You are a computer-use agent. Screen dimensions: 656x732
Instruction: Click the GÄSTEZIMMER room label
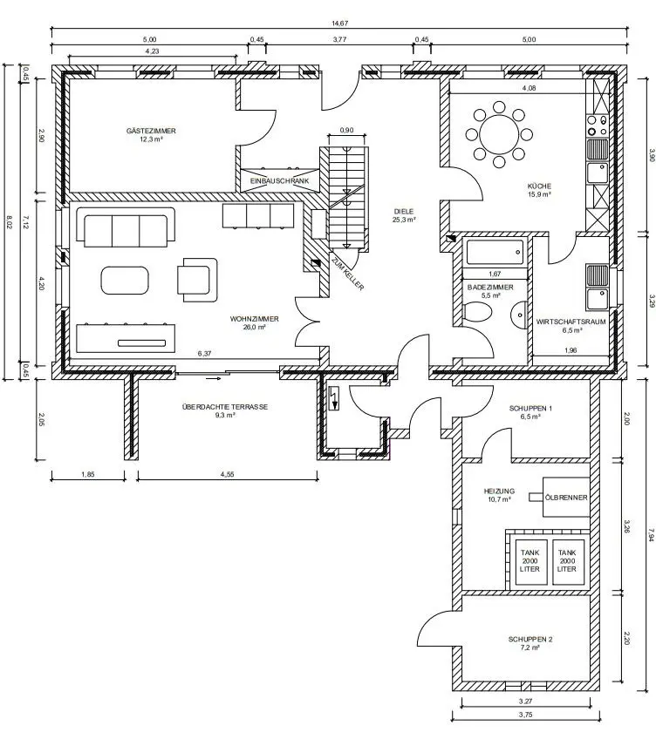pos(151,131)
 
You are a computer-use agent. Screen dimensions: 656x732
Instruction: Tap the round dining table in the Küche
pos(499,135)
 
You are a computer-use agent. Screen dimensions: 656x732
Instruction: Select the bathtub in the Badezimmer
pos(495,252)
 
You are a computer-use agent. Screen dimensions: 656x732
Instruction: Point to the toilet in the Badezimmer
pos(478,311)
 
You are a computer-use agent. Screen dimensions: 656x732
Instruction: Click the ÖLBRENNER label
pos(566,498)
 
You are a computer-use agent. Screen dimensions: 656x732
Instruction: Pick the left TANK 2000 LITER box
pos(530,561)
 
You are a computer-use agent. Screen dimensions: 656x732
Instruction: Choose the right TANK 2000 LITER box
pos(567,561)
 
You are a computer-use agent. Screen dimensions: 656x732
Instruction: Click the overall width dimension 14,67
pos(339,23)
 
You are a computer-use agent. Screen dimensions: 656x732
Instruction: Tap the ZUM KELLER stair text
pos(347,273)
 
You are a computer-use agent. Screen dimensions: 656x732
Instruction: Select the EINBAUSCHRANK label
pos(279,180)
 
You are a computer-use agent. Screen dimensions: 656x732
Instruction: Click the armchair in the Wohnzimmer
pos(197,280)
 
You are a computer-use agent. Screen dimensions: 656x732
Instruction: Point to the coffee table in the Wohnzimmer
pos(125,280)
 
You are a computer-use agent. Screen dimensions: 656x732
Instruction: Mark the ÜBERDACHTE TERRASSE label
pos(225,407)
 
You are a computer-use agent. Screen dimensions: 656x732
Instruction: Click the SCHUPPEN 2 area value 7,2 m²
pos(530,647)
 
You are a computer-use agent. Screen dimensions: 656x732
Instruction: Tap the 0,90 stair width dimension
pos(346,130)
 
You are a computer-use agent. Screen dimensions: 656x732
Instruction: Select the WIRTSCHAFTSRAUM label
pos(571,322)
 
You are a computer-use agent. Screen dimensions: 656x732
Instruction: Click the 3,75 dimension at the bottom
pos(526,715)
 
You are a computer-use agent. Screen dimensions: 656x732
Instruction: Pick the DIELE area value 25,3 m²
pos(404,220)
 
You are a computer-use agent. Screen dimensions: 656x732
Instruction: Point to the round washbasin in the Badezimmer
pos(519,315)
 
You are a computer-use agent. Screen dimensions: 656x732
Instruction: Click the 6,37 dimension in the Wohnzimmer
pos(204,354)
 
